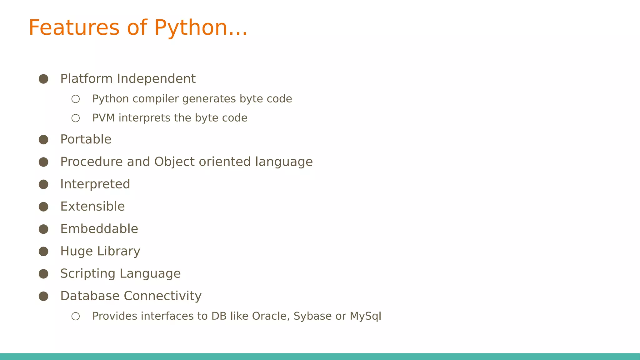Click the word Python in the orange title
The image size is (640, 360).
point(190,28)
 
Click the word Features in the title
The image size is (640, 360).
point(74,27)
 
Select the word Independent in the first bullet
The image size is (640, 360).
point(156,79)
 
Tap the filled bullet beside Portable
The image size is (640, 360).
point(43,139)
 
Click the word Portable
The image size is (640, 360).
point(86,139)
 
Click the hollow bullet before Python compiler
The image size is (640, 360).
point(76,99)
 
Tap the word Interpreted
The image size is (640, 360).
point(95,184)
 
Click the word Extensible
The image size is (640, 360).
point(92,207)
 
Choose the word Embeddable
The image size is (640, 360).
point(99,229)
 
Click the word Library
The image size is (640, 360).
point(118,252)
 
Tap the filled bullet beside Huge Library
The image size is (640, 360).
point(43,252)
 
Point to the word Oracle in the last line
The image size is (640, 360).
point(269,316)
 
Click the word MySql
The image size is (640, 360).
point(365,316)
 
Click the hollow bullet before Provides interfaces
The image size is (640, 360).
point(76,316)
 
